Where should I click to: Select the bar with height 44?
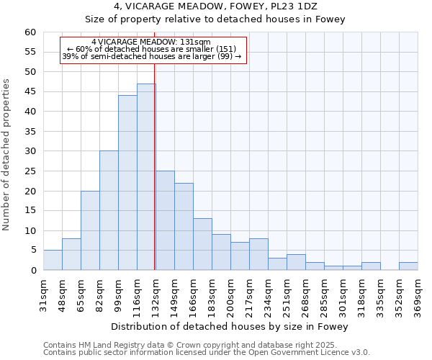click(127, 183)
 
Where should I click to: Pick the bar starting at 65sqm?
click(90, 230)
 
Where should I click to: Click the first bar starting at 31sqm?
click(53, 260)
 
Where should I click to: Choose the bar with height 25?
click(165, 220)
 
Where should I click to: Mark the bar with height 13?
click(202, 244)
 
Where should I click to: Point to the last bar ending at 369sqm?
click(408, 266)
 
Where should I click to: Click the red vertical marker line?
click(155, 180)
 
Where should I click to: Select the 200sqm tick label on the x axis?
click(230, 295)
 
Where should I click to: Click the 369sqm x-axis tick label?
click(418, 295)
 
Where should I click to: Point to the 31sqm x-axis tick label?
click(43, 295)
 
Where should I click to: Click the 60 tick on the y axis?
click(30, 32)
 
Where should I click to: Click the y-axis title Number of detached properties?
click(6, 155)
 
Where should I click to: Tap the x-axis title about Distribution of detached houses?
click(230, 327)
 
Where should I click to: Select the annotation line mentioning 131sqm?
click(151, 42)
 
